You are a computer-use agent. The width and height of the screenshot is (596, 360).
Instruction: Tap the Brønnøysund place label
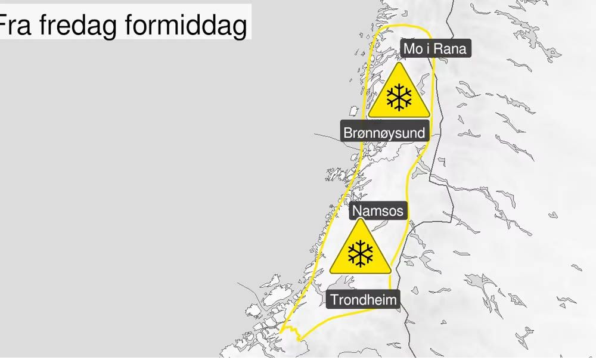coord(385,132)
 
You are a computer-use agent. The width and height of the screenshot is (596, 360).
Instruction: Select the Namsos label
coord(378,210)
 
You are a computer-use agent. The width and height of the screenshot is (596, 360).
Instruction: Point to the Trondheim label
coord(363,299)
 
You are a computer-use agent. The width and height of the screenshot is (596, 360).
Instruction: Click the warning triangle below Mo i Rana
coord(398,94)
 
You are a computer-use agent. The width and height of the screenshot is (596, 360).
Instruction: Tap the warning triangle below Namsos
coord(360,250)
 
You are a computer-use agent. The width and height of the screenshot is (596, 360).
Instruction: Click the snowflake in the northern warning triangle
coord(398,98)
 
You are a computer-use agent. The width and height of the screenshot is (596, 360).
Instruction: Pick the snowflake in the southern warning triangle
coord(360,253)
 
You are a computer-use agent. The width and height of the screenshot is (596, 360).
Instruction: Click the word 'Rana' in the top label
coord(450,49)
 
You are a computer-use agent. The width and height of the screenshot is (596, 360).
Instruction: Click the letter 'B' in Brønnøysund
coord(349,132)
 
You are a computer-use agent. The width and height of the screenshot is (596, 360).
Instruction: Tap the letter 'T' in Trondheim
coord(334,299)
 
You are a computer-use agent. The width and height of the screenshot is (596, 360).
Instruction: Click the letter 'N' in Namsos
coord(357,210)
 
